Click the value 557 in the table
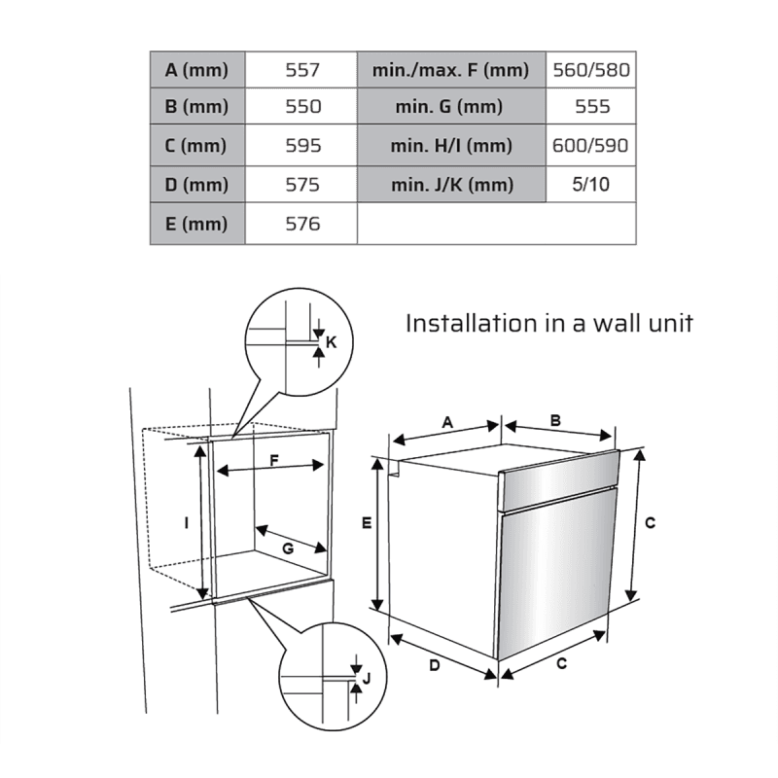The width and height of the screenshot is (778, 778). pos(302,70)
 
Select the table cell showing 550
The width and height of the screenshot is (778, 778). pos(302,108)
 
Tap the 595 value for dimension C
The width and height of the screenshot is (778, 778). pos(302,146)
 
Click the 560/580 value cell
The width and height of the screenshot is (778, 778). pos(591,70)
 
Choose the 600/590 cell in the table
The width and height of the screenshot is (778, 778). pos(591,146)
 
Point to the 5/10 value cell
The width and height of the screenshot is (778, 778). pos(591,185)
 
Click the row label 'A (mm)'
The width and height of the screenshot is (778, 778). pos(196,70)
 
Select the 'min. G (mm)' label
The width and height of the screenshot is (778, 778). pos(450,108)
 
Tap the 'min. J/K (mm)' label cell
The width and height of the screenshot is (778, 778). pos(450,185)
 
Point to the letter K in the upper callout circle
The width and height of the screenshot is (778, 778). pos(331,342)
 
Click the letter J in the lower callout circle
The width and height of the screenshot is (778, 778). pos(366,677)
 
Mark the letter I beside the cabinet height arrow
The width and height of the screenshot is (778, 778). pos(187,523)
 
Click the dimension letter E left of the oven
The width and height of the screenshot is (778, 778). pos(367,523)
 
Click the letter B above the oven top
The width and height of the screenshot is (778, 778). pos(555,421)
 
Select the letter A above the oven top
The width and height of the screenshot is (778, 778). pos(447,422)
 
